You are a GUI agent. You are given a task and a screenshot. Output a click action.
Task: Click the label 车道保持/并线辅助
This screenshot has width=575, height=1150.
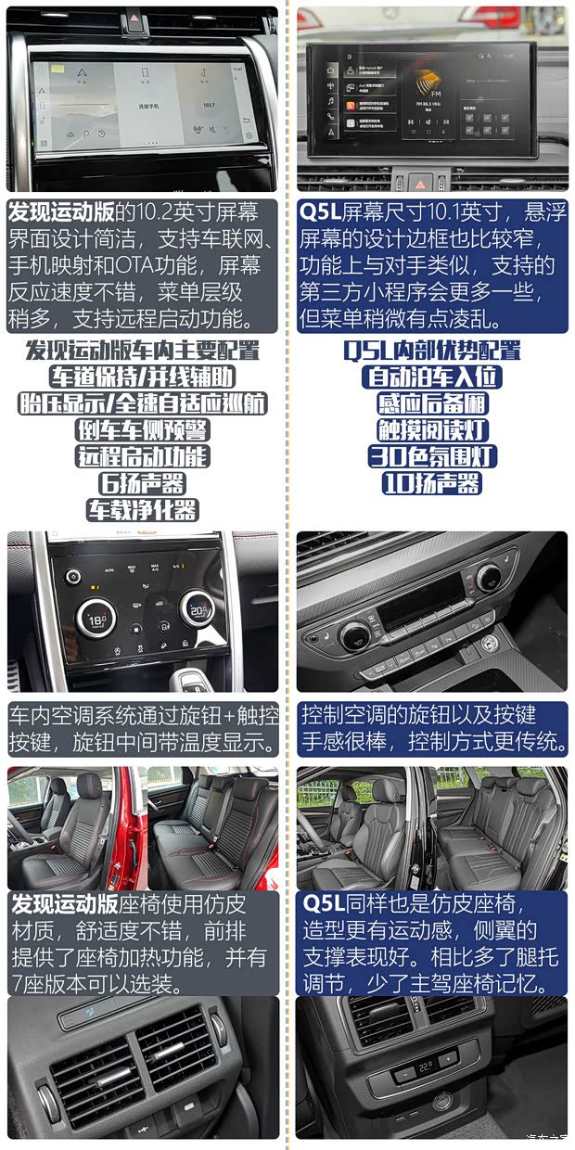pos(142,377)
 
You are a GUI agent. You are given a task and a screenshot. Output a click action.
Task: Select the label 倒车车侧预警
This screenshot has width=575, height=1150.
pos(142,430)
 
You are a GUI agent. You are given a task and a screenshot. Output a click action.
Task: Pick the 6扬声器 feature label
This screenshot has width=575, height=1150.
pos(142,483)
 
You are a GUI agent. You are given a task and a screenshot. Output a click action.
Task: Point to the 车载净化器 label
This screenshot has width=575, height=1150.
pos(142,509)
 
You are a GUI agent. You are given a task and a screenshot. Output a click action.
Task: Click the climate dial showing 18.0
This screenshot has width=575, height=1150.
pos(96,618)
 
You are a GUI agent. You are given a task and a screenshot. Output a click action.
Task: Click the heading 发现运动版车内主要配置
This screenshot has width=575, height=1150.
pos(142,351)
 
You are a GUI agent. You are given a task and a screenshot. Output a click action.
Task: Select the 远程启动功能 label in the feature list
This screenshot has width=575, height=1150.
pos(142,456)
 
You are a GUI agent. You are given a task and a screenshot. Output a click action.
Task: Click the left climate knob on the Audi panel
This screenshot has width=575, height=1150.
pos(356,636)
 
